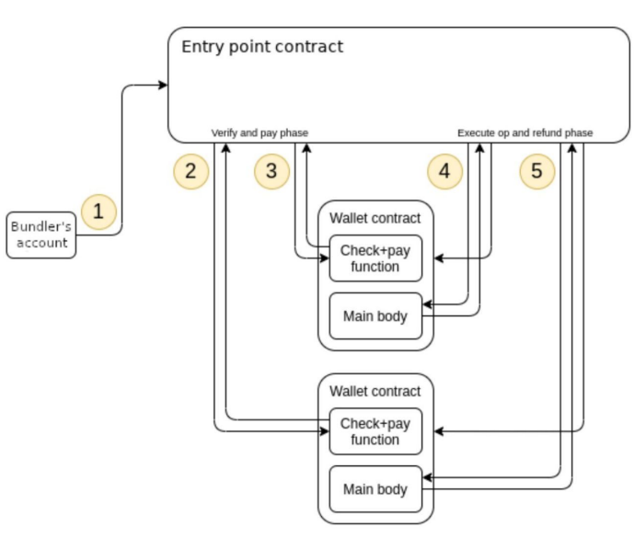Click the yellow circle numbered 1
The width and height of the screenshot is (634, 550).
[99, 212]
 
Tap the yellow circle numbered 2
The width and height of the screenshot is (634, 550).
[190, 171]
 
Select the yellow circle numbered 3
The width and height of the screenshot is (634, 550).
[271, 171]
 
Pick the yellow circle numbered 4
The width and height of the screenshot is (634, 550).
[444, 171]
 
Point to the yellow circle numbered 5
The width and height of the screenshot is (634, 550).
[537, 171]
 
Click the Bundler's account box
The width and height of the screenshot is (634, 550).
[41, 235]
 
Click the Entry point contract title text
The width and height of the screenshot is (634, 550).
[262, 47]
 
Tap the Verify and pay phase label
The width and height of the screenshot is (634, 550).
[259, 133]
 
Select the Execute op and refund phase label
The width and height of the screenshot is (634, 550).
[524, 133]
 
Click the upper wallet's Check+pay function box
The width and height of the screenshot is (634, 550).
[375, 258]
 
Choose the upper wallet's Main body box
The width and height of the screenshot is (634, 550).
[375, 316]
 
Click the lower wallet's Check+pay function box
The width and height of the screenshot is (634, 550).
[375, 431]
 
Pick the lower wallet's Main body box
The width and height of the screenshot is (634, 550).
[375, 489]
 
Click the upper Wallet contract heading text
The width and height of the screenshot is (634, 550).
[375, 218]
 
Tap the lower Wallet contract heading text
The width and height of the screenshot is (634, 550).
[375, 391]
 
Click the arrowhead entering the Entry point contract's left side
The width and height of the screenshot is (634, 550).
[163, 85]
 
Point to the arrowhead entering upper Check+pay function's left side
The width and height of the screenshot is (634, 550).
[325, 258]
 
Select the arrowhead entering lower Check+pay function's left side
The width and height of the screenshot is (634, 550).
[325, 431]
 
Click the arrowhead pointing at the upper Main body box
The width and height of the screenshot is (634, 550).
[427, 304]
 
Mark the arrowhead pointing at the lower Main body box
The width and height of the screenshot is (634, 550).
[427, 477]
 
